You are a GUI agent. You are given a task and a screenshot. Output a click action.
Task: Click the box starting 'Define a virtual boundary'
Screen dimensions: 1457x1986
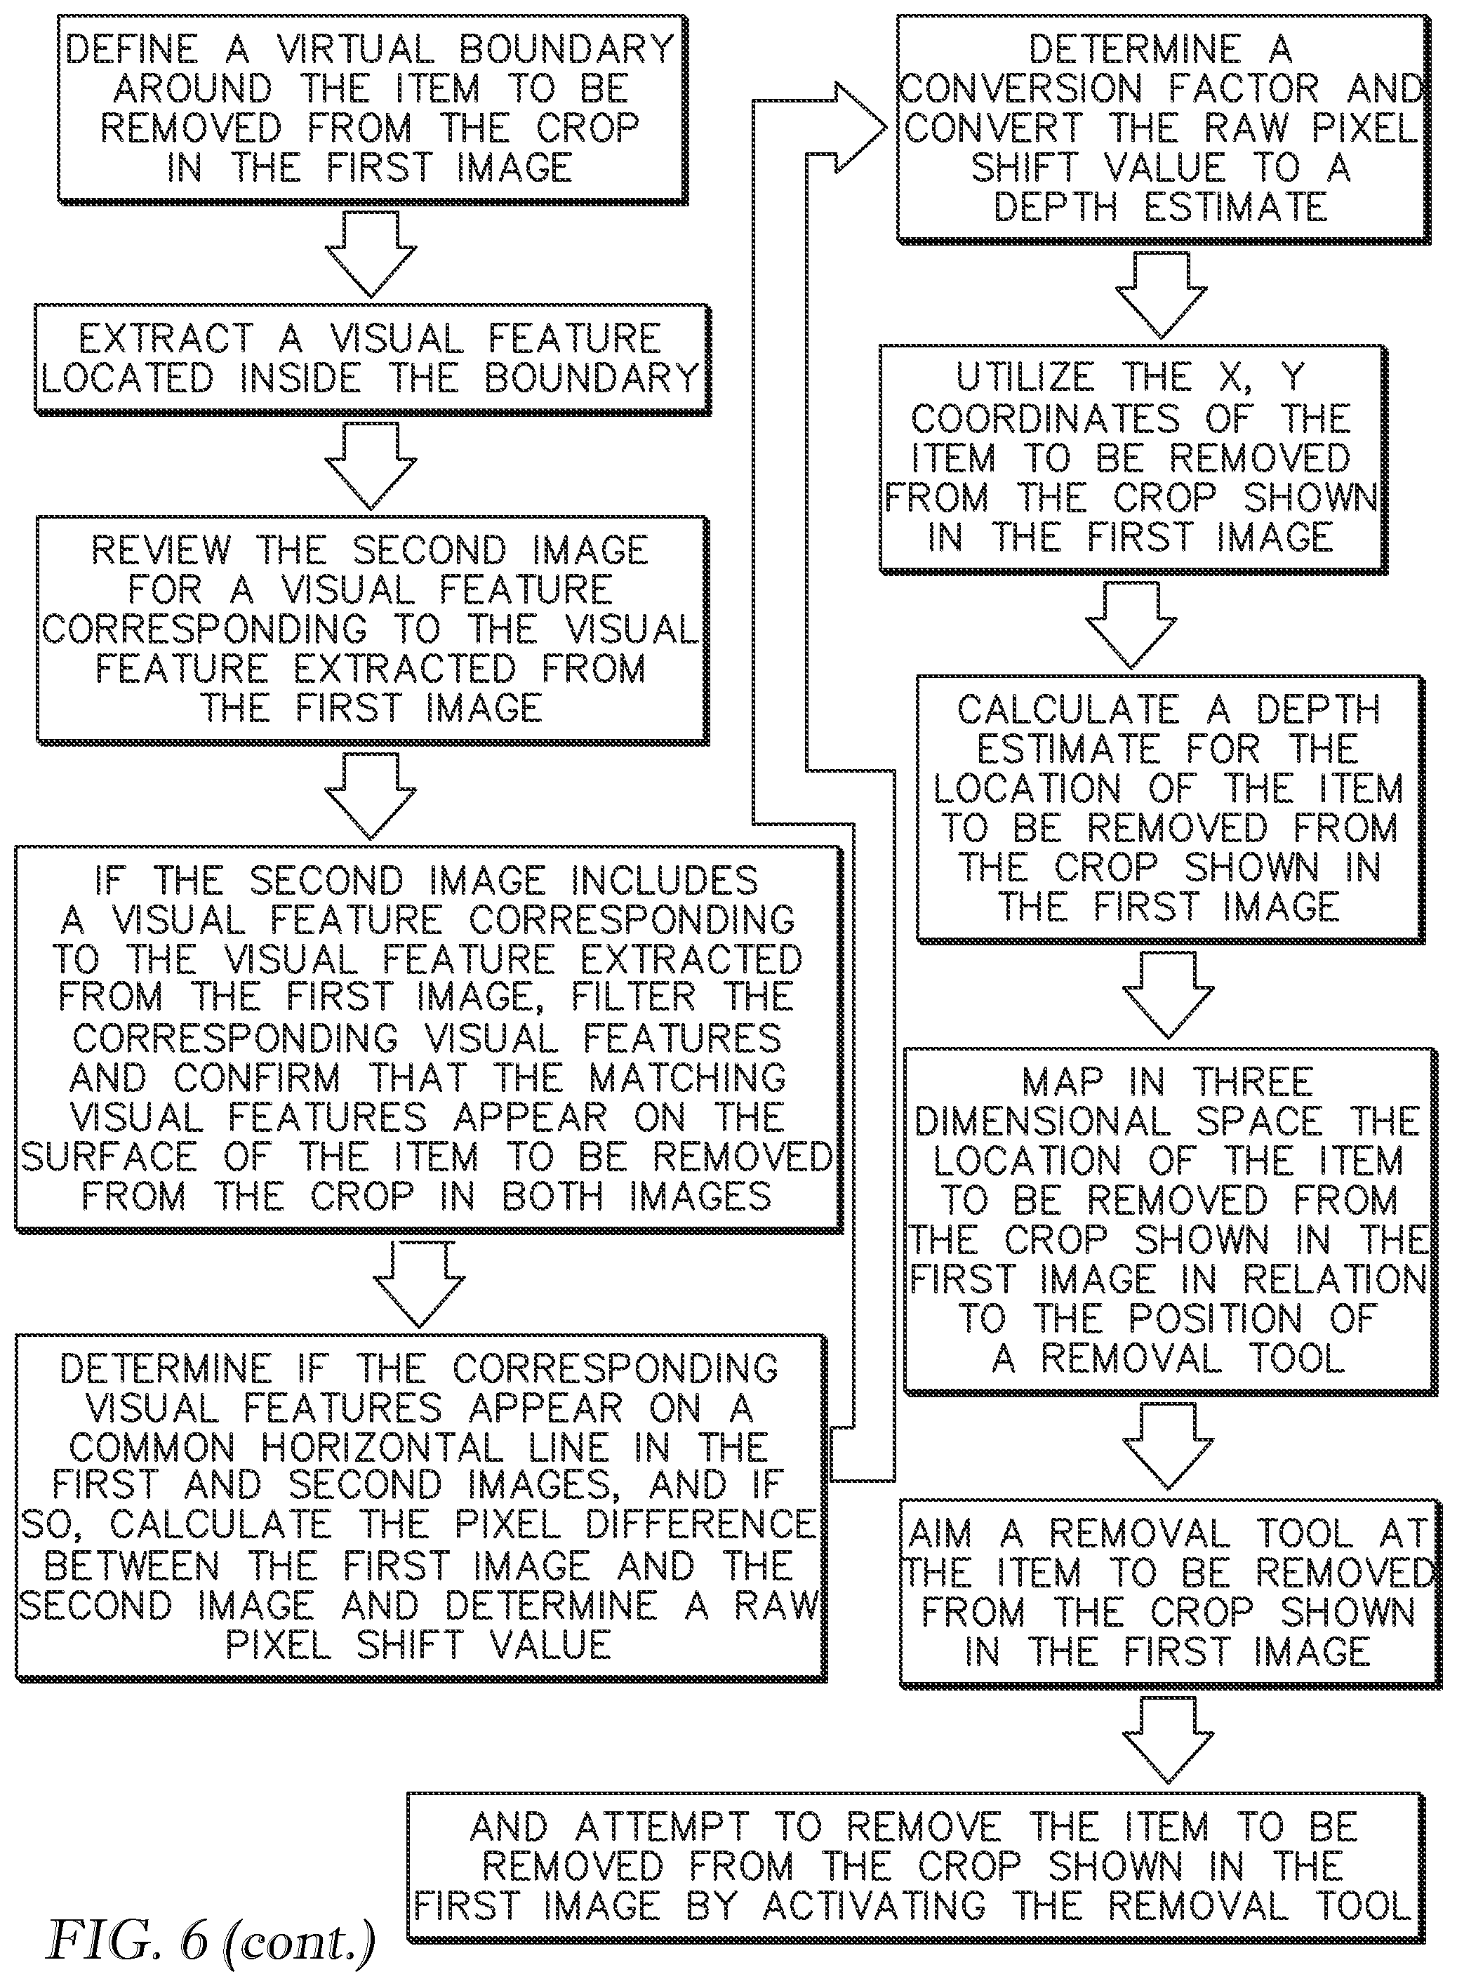pyautogui.click(x=373, y=109)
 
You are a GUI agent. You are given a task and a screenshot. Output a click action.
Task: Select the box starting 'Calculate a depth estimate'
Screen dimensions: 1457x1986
pyautogui.click(x=1171, y=808)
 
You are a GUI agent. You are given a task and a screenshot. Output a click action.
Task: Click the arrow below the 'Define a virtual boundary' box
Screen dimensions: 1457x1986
pyautogui.click(x=371, y=255)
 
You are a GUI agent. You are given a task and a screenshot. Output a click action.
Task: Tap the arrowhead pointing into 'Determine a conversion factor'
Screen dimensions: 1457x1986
pyautogui.click(x=860, y=128)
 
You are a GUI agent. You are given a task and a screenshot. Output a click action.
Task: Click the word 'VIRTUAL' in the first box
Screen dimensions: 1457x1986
pyautogui.click(x=355, y=49)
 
